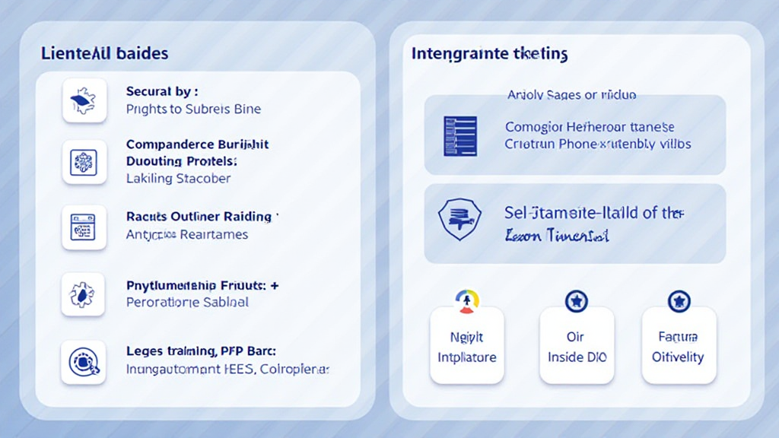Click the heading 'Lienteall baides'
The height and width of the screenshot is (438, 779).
tap(104, 53)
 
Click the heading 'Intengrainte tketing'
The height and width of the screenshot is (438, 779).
tap(489, 54)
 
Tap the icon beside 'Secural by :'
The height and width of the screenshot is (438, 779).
tap(84, 100)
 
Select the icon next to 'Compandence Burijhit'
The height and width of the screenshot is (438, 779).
tap(84, 161)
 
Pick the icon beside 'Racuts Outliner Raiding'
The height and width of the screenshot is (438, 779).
tap(84, 227)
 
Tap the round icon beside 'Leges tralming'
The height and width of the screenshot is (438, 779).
tap(84, 362)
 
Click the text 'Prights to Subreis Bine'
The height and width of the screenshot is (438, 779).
tap(193, 109)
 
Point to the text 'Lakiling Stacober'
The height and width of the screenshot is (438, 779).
tap(178, 179)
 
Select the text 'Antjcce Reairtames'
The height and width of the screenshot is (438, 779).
tap(186, 235)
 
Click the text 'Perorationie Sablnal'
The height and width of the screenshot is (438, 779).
tap(187, 303)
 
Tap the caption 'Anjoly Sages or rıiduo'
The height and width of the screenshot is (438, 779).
tap(571, 95)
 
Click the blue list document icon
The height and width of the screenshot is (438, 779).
tap(459, 136)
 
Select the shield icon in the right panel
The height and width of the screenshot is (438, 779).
tap(459, 221)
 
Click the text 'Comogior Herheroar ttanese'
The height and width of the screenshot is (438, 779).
tap(590, 127)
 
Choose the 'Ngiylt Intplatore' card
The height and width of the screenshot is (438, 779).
tap(466, 346)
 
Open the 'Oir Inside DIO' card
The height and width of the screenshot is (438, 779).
tap(577, 346)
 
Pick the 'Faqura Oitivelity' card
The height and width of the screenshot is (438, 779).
tap(678, 346)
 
